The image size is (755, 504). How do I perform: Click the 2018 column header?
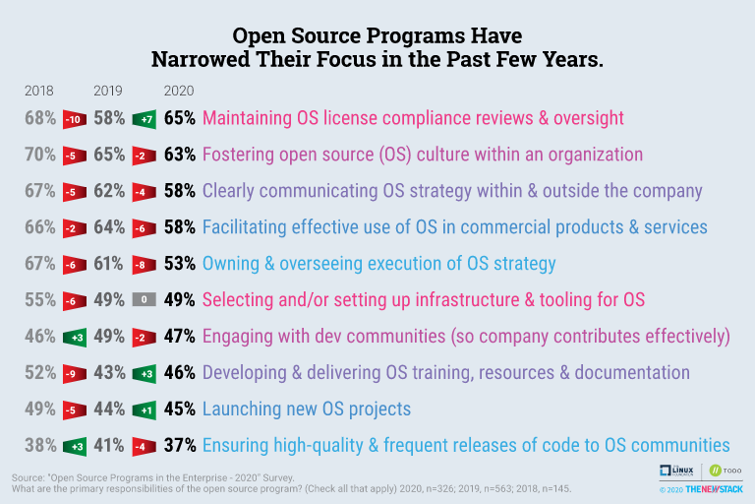(x=38, y=91)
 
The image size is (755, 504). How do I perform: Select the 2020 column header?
(x=179, y=91)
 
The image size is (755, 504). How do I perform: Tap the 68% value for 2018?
(x=39, y=118)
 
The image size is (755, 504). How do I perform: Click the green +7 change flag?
(x=144, y=118)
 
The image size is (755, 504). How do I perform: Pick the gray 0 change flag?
(x=144, y=299)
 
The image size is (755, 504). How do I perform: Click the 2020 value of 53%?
(x=179, y=263)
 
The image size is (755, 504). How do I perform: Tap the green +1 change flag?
(x=144, y=409)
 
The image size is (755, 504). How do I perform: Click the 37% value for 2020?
(x=179, y=445)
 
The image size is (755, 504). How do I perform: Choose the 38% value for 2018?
(x=39, y=445)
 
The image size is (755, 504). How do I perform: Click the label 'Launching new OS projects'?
(x=306, y=409)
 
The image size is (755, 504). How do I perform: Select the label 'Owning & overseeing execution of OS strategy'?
(x=378, y=263)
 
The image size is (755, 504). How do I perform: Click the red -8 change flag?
(x=144, y=263)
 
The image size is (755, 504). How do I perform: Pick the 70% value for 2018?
(x=39, y=155)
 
